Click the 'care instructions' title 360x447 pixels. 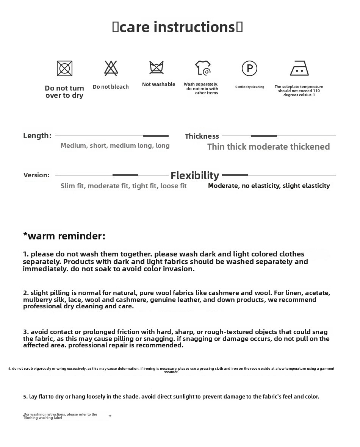177,27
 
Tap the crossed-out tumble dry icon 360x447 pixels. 64,69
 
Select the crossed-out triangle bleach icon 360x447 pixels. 111,68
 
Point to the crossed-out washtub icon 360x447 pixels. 157,67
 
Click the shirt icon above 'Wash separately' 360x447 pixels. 203,68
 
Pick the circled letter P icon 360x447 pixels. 249,68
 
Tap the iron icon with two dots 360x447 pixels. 299,68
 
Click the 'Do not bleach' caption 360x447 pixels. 111,87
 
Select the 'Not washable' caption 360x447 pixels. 158,84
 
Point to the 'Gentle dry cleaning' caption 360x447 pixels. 249,87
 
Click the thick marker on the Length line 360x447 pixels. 156,136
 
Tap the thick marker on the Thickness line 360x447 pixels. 264,136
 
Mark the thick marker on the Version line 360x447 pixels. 125,175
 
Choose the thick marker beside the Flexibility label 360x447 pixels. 235,175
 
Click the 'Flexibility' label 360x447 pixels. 195,175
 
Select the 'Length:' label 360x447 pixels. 37,136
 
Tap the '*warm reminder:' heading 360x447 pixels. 64,236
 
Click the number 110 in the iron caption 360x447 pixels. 316,91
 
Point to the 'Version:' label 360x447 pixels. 36,175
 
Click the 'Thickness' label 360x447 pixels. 202,136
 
